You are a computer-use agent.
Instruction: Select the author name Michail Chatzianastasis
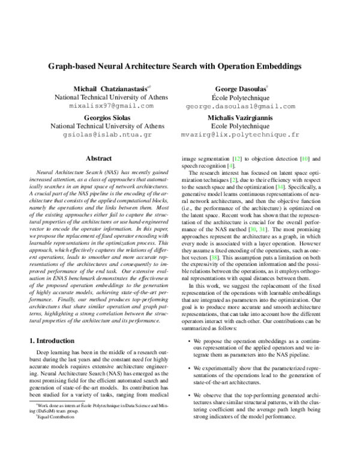(104, 88)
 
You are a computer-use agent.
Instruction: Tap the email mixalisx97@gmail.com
(104, 105)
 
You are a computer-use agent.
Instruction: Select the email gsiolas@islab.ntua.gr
(104, 135)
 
